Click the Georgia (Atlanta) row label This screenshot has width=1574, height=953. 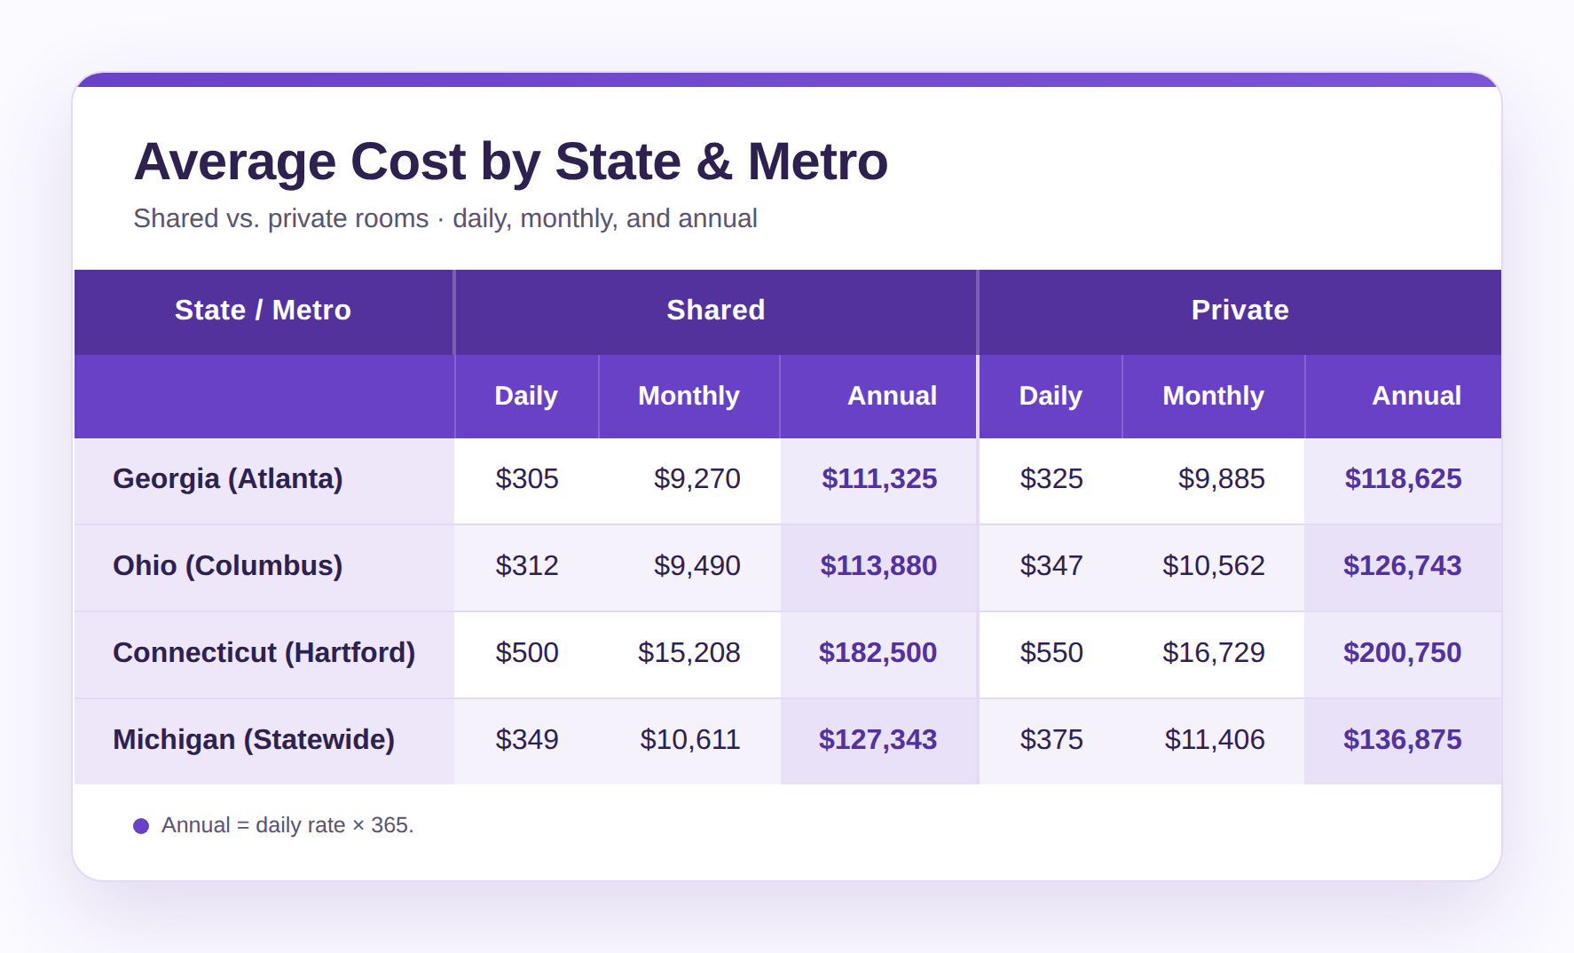(227, 479)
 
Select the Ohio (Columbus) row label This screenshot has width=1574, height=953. (227, 566)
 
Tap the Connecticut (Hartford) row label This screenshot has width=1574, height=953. (264, 653)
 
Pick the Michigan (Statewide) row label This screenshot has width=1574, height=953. (254, 740)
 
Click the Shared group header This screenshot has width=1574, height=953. (715, 310)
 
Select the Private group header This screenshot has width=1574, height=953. (1240, 310)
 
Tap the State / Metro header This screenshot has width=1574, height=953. (263, 310)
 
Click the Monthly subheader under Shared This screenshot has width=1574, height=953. (689, 396)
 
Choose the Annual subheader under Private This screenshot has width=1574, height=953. (1416, 396)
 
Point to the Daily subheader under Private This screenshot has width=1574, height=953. (1051, 396)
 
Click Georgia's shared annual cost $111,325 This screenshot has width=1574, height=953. (879, 479)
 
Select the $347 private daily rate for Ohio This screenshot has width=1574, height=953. (1051, 566)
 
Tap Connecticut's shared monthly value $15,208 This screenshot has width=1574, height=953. (689, 653)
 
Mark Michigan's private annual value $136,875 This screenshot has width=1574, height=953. (1402, 740)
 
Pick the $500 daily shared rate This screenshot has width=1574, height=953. (527, 653)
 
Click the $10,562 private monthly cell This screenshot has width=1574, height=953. (1214, 566)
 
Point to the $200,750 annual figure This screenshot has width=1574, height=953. (1402, 653)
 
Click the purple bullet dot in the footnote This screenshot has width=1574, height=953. (141, 826)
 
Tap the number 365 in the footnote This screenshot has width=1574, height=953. (390, 825)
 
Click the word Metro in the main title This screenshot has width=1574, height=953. (817, 161)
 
